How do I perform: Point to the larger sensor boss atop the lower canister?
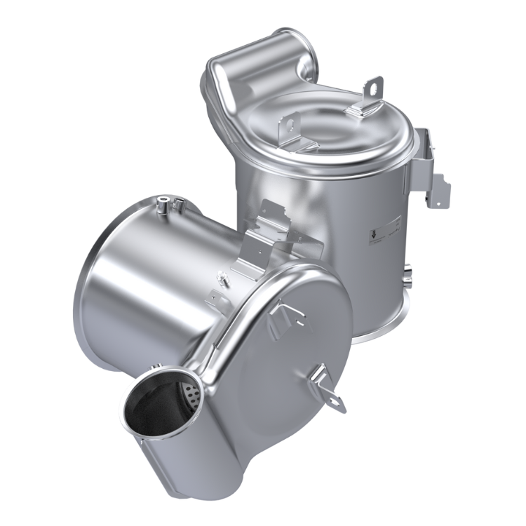coord(163,203)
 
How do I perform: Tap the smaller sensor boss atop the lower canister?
coord(179,203)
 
